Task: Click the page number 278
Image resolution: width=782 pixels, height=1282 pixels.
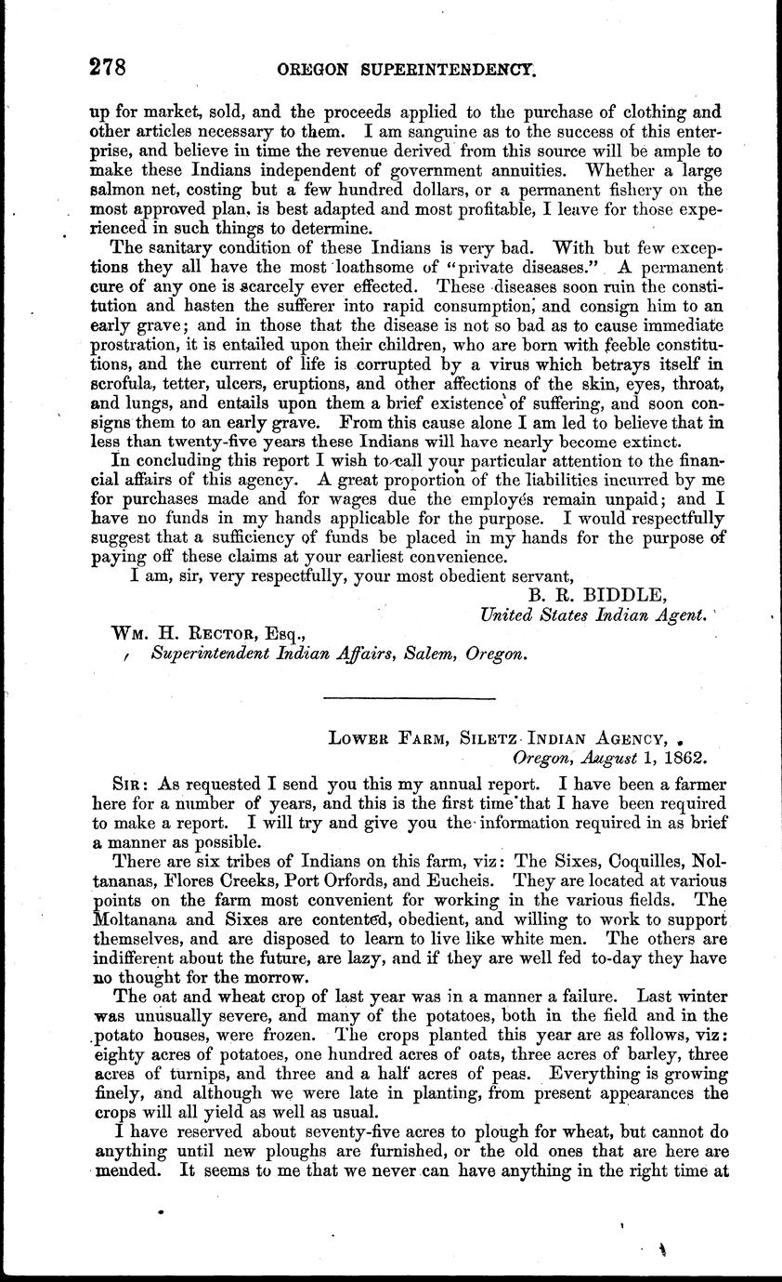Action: (x=107, y=67)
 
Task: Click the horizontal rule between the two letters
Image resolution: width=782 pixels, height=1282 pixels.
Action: (x=409, y=698)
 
